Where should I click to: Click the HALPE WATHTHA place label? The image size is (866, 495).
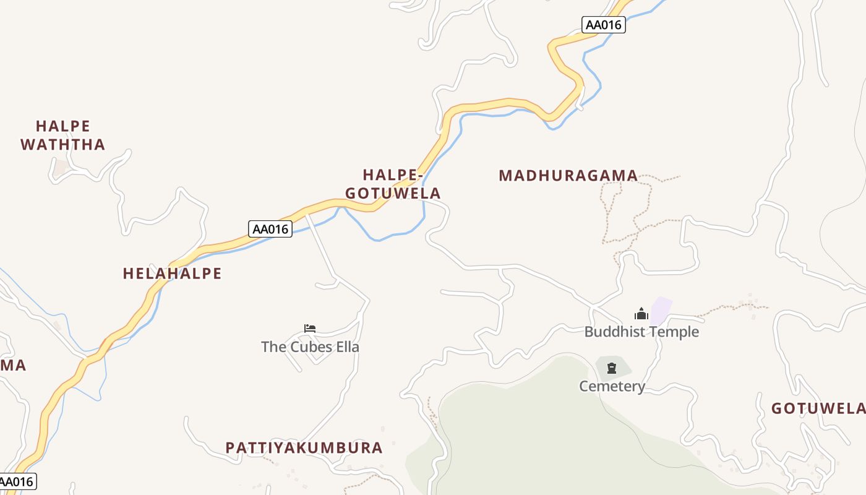pos(63,136)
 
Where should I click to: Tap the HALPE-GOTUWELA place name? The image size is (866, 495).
pos(393,184)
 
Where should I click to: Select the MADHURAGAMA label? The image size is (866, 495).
pos(568,176)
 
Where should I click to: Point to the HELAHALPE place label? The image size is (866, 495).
pos(172,273)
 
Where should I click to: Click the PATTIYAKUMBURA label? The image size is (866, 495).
pos(304,448)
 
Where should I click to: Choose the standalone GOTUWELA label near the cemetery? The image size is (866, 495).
pos(817,408)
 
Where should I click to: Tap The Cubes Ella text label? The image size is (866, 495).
pos(310,346)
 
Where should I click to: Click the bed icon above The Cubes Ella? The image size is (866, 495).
pos(310,328)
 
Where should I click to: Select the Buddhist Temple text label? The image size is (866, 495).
pos(641,332)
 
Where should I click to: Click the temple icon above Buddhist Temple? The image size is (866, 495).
pos(641,314)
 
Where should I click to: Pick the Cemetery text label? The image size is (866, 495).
pos(612,387)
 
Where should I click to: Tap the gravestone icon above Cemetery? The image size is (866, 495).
pos(612,369)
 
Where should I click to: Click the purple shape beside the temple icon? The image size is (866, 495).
pos(661,309)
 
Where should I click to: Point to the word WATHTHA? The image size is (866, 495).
pos(63,145)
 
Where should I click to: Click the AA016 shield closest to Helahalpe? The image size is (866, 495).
pos(270,229)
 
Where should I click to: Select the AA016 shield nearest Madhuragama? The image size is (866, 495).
pos(604,25)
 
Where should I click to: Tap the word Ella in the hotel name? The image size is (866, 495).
pos(348,346)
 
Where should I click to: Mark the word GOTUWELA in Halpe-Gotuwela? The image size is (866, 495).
pos(393,194)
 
